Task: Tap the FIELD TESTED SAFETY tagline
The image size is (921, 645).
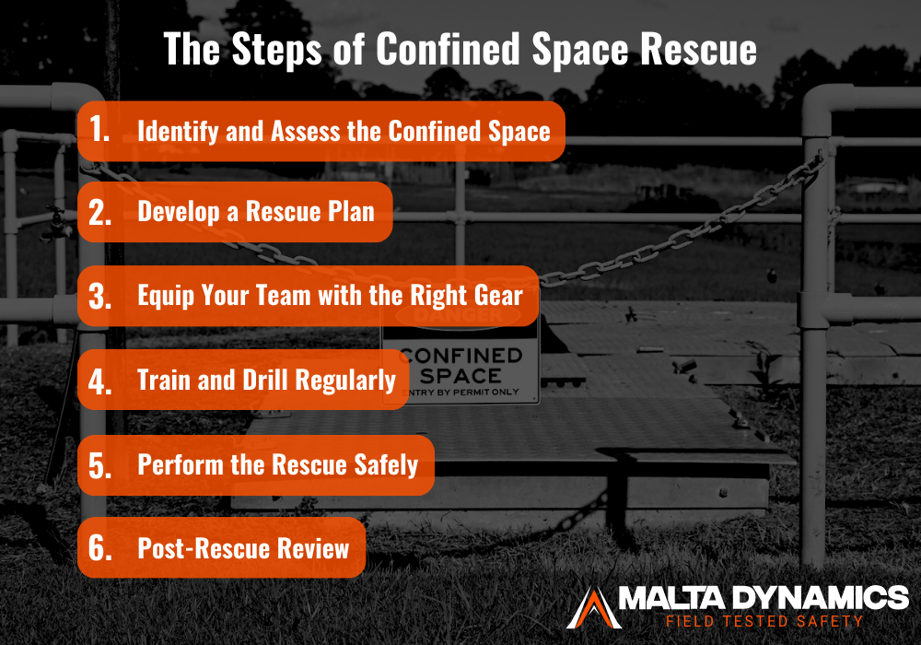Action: (x=764, y=621)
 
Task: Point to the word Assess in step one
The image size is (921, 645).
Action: (x=307, y=131)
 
